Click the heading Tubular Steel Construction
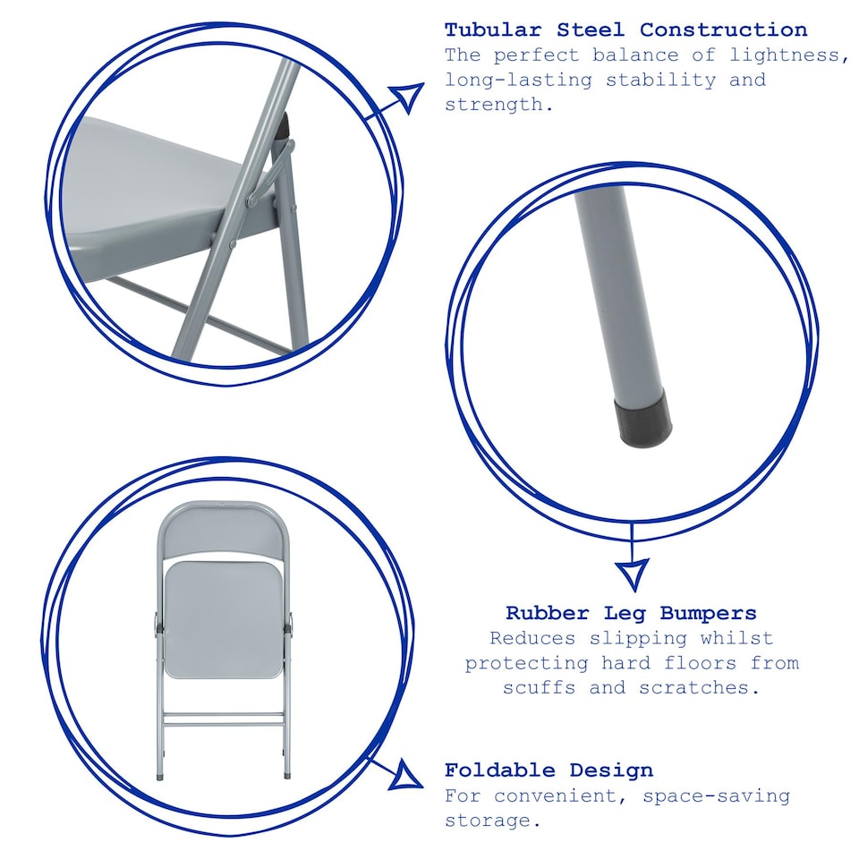click(625, 30)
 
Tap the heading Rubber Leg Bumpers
click(631, 613)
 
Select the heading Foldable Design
click(549, 770)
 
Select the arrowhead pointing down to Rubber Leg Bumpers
click(634, 573)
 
